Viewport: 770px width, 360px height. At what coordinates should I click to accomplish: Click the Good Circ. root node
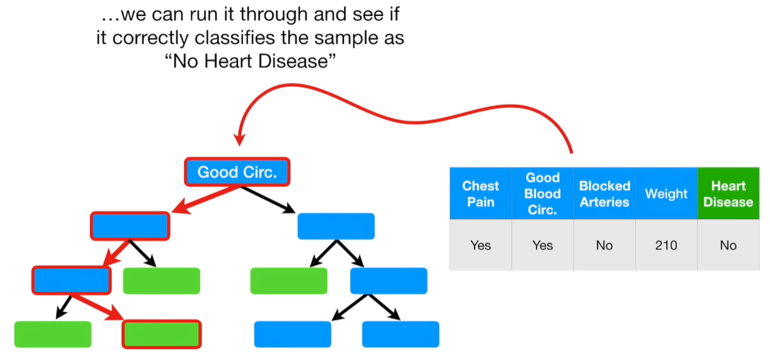pos(237,172)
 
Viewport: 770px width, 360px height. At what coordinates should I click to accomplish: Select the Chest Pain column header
pos(480,194)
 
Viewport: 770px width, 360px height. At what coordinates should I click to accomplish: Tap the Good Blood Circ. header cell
pos(542,194)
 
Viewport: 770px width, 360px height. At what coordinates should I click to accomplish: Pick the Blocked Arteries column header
pos(604,194)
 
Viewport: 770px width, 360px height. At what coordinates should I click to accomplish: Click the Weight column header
pos(666,194)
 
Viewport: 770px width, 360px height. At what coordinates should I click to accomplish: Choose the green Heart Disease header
pos(728,194)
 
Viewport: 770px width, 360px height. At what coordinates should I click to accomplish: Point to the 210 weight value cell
pos(666,245)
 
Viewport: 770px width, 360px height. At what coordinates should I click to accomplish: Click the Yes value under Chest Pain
pos(480,245)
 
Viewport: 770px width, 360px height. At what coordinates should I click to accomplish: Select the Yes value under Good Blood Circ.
pos(542,245)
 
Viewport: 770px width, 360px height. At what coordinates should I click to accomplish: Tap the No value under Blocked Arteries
pos(604,245)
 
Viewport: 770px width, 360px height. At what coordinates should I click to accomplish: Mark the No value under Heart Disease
pos(728,245)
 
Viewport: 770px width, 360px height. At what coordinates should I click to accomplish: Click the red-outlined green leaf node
pos(161,334)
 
